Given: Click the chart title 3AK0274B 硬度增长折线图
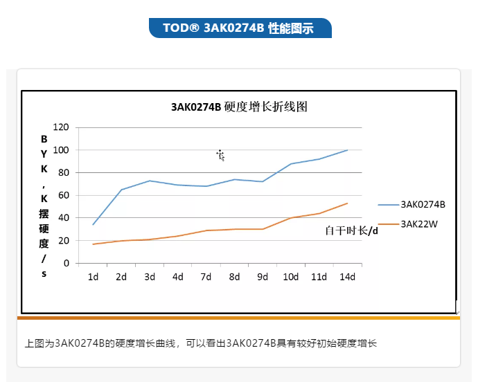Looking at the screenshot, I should click(x=238, y=107).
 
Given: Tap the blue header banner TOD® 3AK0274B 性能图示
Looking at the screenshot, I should click(x=239, y=28).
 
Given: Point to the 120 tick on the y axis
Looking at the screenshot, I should click(x=61, y=127).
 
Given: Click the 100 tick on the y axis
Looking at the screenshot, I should click(x=61, y=150).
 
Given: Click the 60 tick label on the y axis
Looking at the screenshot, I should click(x=64, y=195).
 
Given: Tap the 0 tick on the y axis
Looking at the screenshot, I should click(x=67, y=263).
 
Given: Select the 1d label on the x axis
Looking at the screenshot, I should click(x=93, y=277).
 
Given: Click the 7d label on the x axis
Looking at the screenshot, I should click(x=206, y=277).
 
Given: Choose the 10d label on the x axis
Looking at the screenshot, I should click(x=291, y=277).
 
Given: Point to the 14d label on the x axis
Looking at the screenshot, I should click(x=347, y=277).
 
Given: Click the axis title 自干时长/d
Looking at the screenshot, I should click(x=352, y=230).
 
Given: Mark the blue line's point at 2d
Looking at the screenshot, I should click(x=121, y=190).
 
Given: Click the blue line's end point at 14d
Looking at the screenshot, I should click(x=347, y=149).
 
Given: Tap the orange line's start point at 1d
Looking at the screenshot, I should click(x=93, y=244).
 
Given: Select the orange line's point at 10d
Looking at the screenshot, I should click(x=291, y=218).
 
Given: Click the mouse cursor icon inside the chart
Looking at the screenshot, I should click(x=220, y=155).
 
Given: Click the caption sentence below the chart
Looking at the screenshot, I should click(x=200, y=343).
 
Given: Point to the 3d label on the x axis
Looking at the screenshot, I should click(x=150, y=277).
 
